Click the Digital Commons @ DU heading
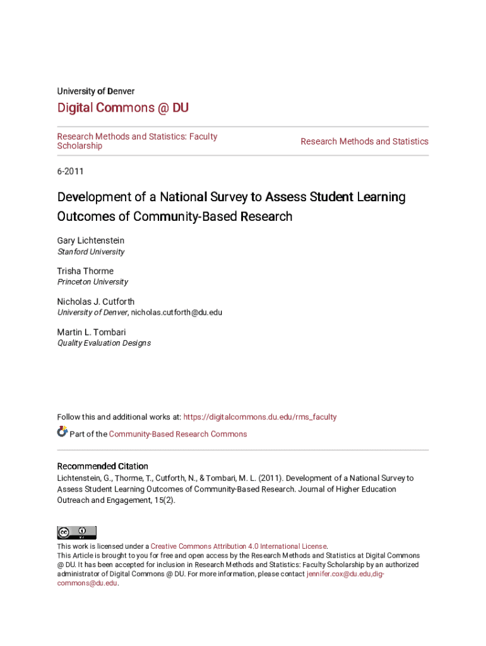pyautogui.click(x=122, y=108)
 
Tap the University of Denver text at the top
pyautogui.click(x=95, y=91)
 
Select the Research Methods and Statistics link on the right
pyautogui.click(x=364, y=141)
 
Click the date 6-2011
pyautogui.click(x=70, y=171)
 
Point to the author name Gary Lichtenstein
pyautogui.click(x=91, y=240)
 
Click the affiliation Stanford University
pyautogui.click(x=91, y=252)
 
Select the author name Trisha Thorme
pyautogui.click(x=85, y=271)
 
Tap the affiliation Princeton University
pyautogui.click(x=92, y=282)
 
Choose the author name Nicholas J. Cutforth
pyautogui.click(x=95, y=302)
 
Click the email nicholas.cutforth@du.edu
pyautogui.click(x=176, y=312)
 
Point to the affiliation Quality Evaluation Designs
pyautogui.click(x=104, y=343)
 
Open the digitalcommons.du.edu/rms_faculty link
pyautogui.click(x=259, y=417)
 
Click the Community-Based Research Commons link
pyautogui.click(x=178, y=434)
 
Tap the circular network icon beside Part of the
pyautogui.click(x=62, y=432)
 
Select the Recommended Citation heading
pyautogui.click(x=102, y=466)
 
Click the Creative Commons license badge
pyautogui.click(x=76, y=532)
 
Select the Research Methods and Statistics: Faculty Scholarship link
pyautogui.click(x=137, y=141)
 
